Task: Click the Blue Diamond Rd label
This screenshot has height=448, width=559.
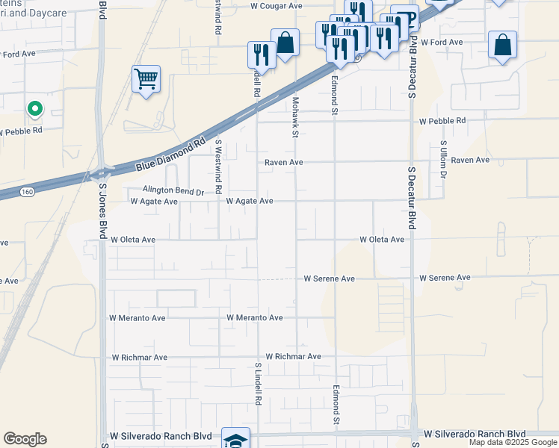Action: pyautogui.click(x=170, y=155)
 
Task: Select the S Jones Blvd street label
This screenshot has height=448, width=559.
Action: pyautogui.click(x=102, y=207)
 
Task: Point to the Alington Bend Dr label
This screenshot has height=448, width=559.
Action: pyautogui.click(x=173, y=191)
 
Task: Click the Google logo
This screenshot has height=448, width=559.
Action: pyautogui.click(x=25, y=439)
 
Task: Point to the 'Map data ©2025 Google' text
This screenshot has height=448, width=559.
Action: pyautogui.click(x=512, y=442)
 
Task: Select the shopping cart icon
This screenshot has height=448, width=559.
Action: pyautogui.click(x=146, y=78)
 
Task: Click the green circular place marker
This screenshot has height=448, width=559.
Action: pyautogui.click(x=34, y=110)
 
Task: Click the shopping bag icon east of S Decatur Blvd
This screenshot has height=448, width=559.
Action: pyautogui.click(x=503, y=45)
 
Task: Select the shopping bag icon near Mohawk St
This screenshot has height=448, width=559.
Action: pyautogui.click(x=285, y=42)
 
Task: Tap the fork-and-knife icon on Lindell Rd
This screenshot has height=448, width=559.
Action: pyautogui.click(x=262, y=54)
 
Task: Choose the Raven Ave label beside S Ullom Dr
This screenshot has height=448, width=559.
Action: pyautogui.click(x=470, y=161)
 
